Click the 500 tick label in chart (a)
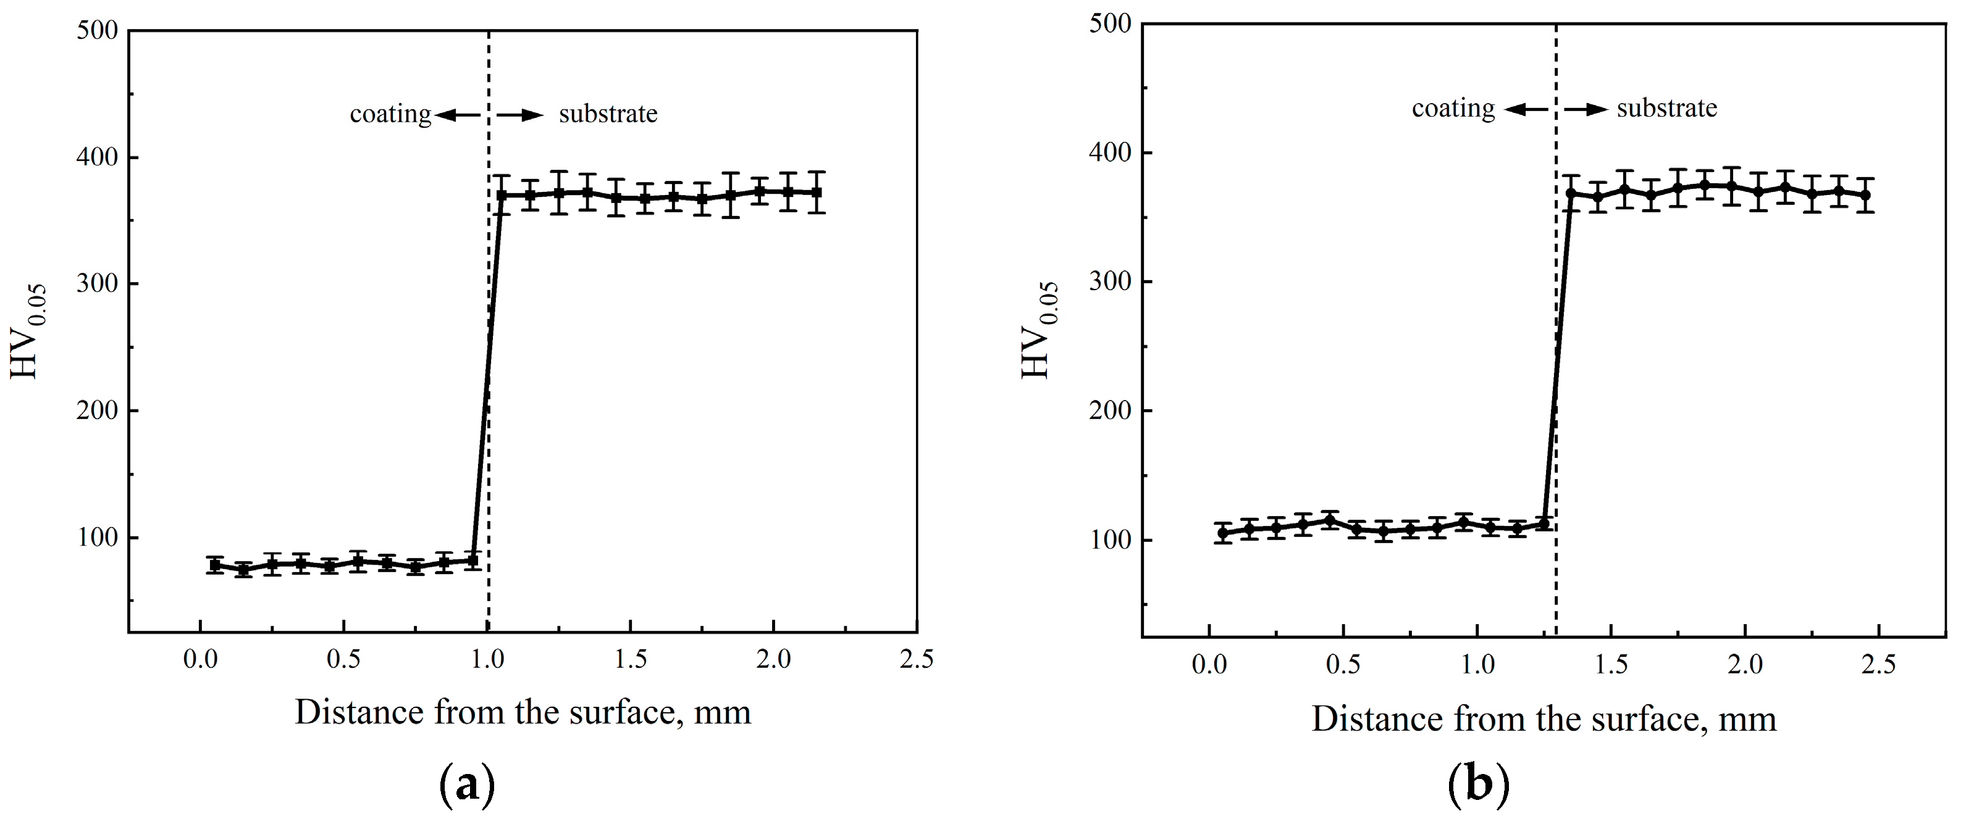pyautogui.click(x=98, y=30)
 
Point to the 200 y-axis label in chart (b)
pyautogui.click(x=1110, y=410)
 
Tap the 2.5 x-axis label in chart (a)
pyautogui.click(x=916, y=659)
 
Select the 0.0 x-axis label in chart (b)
pyautogui.click(x=1209, y=665)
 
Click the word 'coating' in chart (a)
pyautogui.click(x=390, y=114)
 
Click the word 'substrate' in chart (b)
pyautogui.click(x=1667, y=109)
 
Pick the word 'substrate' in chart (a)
pyautogui.click(x=608, y=114)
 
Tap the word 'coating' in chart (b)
pyautogui.click(x=1452, y=109)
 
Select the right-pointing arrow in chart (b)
pyautogui.click(x=1586, y=110)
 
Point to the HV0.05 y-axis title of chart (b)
pyautogui.click(x=1040, y=330)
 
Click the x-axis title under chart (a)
pyautogui.click(x=523, y=712)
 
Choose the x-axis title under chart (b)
pyautogui.click(x=1543, y=718)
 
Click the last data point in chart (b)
pyautogui.click(x=1865, y=195)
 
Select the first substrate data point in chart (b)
pyautogui.click(x=1571, y=194)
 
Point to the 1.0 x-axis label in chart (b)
pyautogui.click(x=1477, y=665)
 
